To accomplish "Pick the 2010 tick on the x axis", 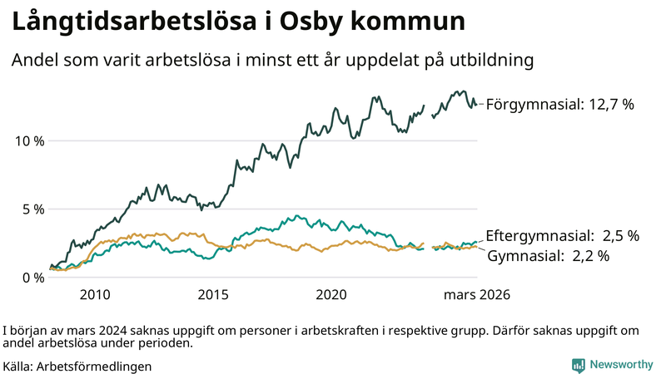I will [x=95, y=295].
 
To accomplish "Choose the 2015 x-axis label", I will [x=213, y=295].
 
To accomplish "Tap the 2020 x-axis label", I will [x=332, y=295].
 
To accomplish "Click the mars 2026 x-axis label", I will [x=476, y=295].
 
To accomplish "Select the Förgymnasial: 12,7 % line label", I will [x=560, y=105].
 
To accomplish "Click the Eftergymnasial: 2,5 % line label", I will [x=562, y=236].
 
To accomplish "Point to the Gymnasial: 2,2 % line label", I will [x=548, y=256].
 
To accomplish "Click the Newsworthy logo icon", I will [x=578, y=365].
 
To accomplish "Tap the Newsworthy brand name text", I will [x=621, y=365].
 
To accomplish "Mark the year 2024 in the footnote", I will [x=97, y=329].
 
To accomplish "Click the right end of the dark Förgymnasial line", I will [x=476, y=105].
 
